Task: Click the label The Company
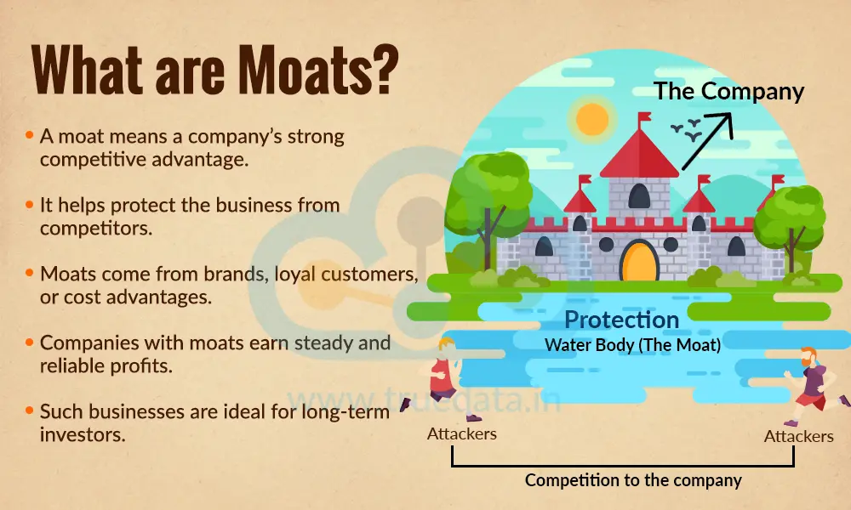[728, 91]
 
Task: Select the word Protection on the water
[622, 320]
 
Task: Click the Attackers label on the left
[461, 433]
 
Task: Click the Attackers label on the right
[798, 436]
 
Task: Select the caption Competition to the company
[633, 480]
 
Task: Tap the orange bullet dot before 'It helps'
[30, 205]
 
